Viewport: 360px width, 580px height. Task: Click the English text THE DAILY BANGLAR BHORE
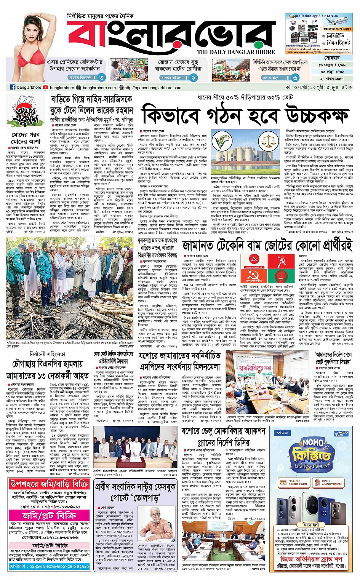click(236, 52)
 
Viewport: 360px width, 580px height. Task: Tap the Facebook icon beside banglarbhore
click(13, 87)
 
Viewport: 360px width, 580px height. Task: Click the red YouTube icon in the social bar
click(46, 87)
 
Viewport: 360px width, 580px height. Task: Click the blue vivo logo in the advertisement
click(282, 433)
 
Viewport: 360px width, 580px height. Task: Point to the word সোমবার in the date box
click(332, 58)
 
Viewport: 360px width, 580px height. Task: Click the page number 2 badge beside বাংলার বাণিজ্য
click(194, 77)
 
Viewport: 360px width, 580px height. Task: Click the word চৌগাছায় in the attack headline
click(29, 364)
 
